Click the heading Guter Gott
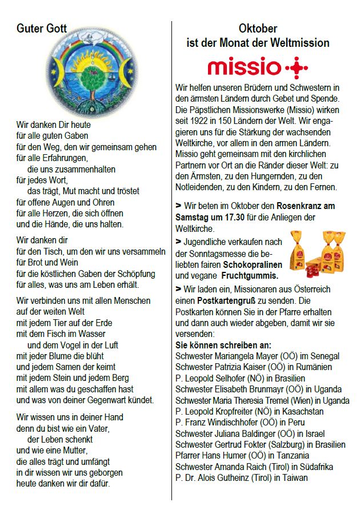[x=42, y=29]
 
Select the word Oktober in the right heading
[x=258, y=29]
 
